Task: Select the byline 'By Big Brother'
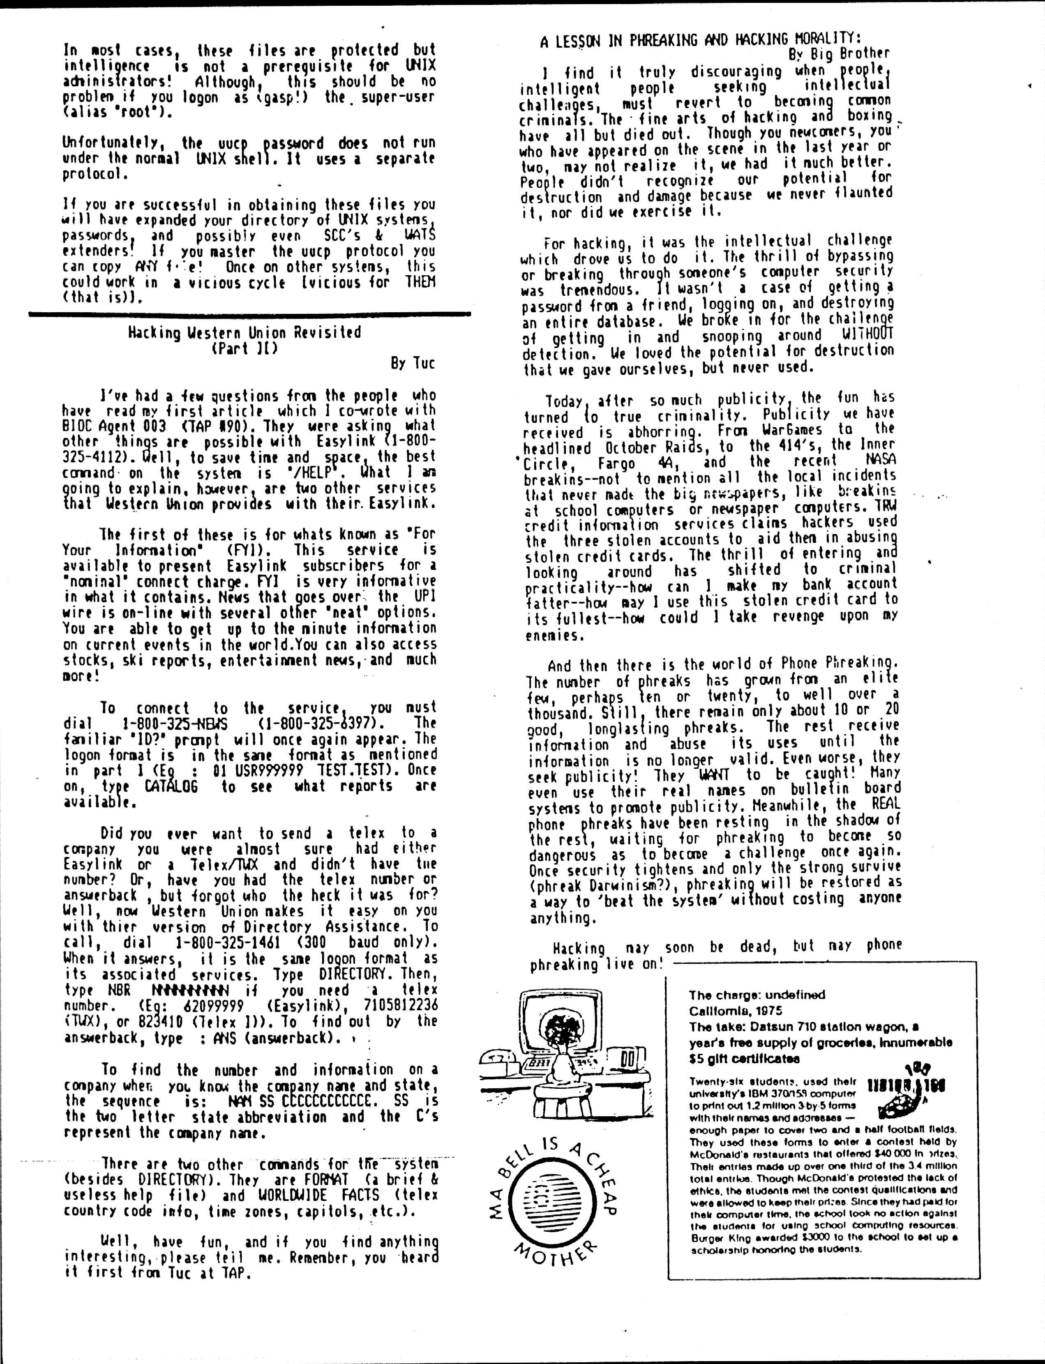click(839, 53)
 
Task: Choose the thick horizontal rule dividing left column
click(249, 315)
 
